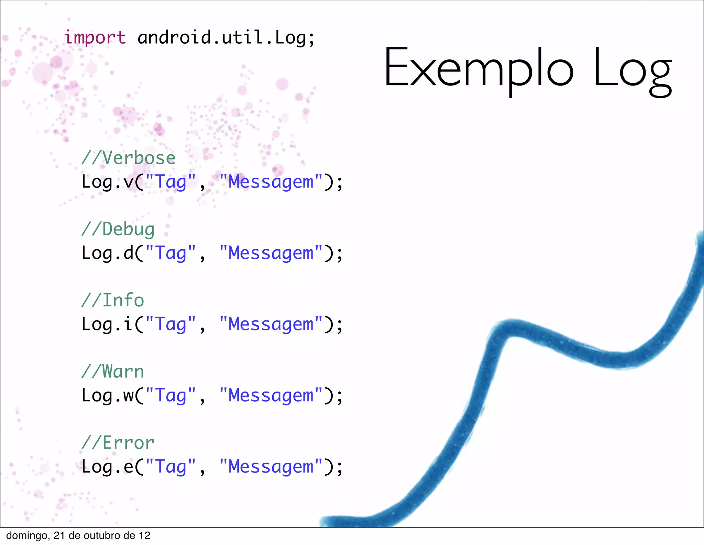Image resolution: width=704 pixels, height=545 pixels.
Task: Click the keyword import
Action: [x=95, y=37]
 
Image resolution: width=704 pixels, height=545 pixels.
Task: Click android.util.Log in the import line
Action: [x=221, y=37]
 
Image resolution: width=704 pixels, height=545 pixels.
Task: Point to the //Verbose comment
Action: [x=128, y=158]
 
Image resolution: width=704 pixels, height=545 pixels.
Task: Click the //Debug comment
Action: [x=118, y=229]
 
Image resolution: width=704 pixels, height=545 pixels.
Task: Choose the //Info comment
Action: [x=113, y=300]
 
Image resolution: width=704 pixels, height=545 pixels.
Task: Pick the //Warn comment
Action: [x=113, y=372]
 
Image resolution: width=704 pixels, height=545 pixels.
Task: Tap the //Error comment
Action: [x=118, y=443]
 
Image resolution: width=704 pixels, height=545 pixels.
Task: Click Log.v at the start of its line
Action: [x=107, y=182]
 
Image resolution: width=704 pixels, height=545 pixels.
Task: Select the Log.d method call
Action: [x=107, y=253]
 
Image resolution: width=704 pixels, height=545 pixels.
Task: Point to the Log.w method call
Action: [x=107, y=396]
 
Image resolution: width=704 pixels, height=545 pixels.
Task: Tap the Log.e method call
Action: [x=107, y=467]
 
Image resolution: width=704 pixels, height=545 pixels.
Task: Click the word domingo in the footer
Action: [x=27, y=536]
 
